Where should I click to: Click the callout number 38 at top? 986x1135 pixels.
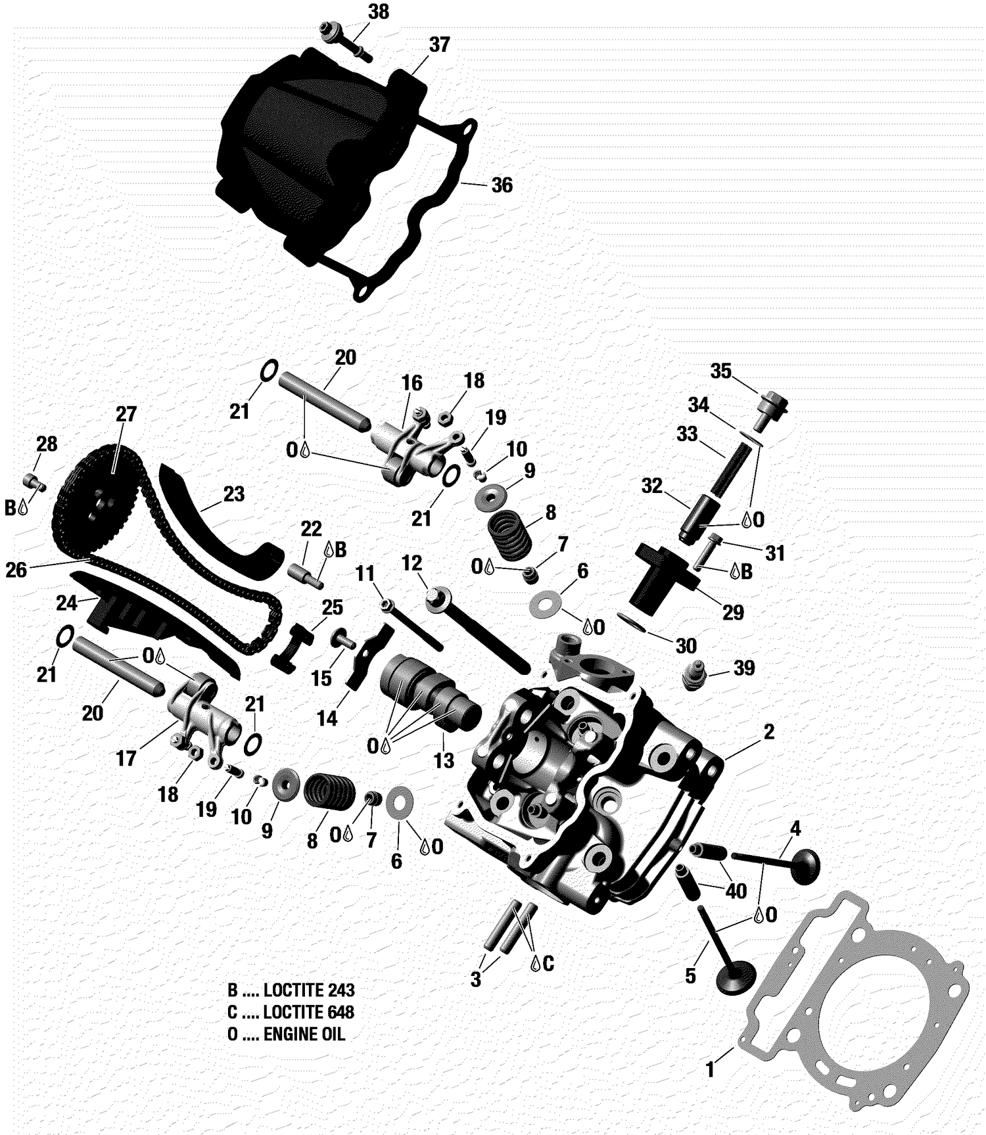(378, 12)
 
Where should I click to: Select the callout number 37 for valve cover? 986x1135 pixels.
(439, 45)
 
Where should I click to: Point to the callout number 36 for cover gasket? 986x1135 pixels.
(502, 185)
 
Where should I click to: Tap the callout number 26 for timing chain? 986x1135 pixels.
(16, 570)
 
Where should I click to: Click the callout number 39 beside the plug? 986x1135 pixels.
(743, 668)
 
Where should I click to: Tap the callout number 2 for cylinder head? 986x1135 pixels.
(768, 732)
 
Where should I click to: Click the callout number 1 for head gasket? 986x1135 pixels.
(709, 1070)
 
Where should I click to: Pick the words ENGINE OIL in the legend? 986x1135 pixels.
(304, 1034)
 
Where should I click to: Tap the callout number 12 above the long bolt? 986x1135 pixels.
(411, 563)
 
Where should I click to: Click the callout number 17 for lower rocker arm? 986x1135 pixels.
(126, 758)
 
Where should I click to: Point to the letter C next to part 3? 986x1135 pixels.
(548, 963)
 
